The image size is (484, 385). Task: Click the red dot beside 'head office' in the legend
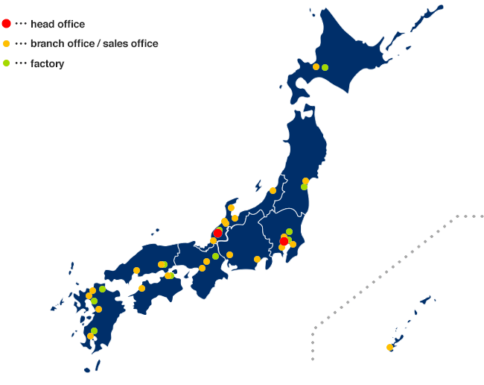[x=7, y=24]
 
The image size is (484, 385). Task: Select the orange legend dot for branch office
[x=7, y=44]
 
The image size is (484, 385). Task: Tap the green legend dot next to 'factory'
[x=7, y=63]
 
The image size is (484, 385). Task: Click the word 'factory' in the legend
[x=47, y=63]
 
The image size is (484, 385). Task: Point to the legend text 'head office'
[x=57, y=24]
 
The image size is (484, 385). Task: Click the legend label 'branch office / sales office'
[x=94, y=43]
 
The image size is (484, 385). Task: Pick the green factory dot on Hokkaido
[x=325, y=67]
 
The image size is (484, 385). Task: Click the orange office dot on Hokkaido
[x=316, y=67]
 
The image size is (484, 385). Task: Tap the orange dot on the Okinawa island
[x=389, y=347]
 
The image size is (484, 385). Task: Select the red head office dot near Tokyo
[x=284, y=241]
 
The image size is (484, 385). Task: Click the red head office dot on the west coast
[x=217, y=234]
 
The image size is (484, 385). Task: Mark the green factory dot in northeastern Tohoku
[x=304, y=187]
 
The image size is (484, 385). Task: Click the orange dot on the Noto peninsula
[x=231, y=207]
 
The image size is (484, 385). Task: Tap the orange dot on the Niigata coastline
[x=273, y=190]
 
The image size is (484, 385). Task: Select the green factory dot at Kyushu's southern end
[x=94, y=331]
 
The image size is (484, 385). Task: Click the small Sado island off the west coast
[x=258, y=185]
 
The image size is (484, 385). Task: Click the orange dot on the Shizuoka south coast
[x=257, y=259]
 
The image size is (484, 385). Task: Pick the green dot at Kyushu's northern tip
[x=102, y=289]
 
